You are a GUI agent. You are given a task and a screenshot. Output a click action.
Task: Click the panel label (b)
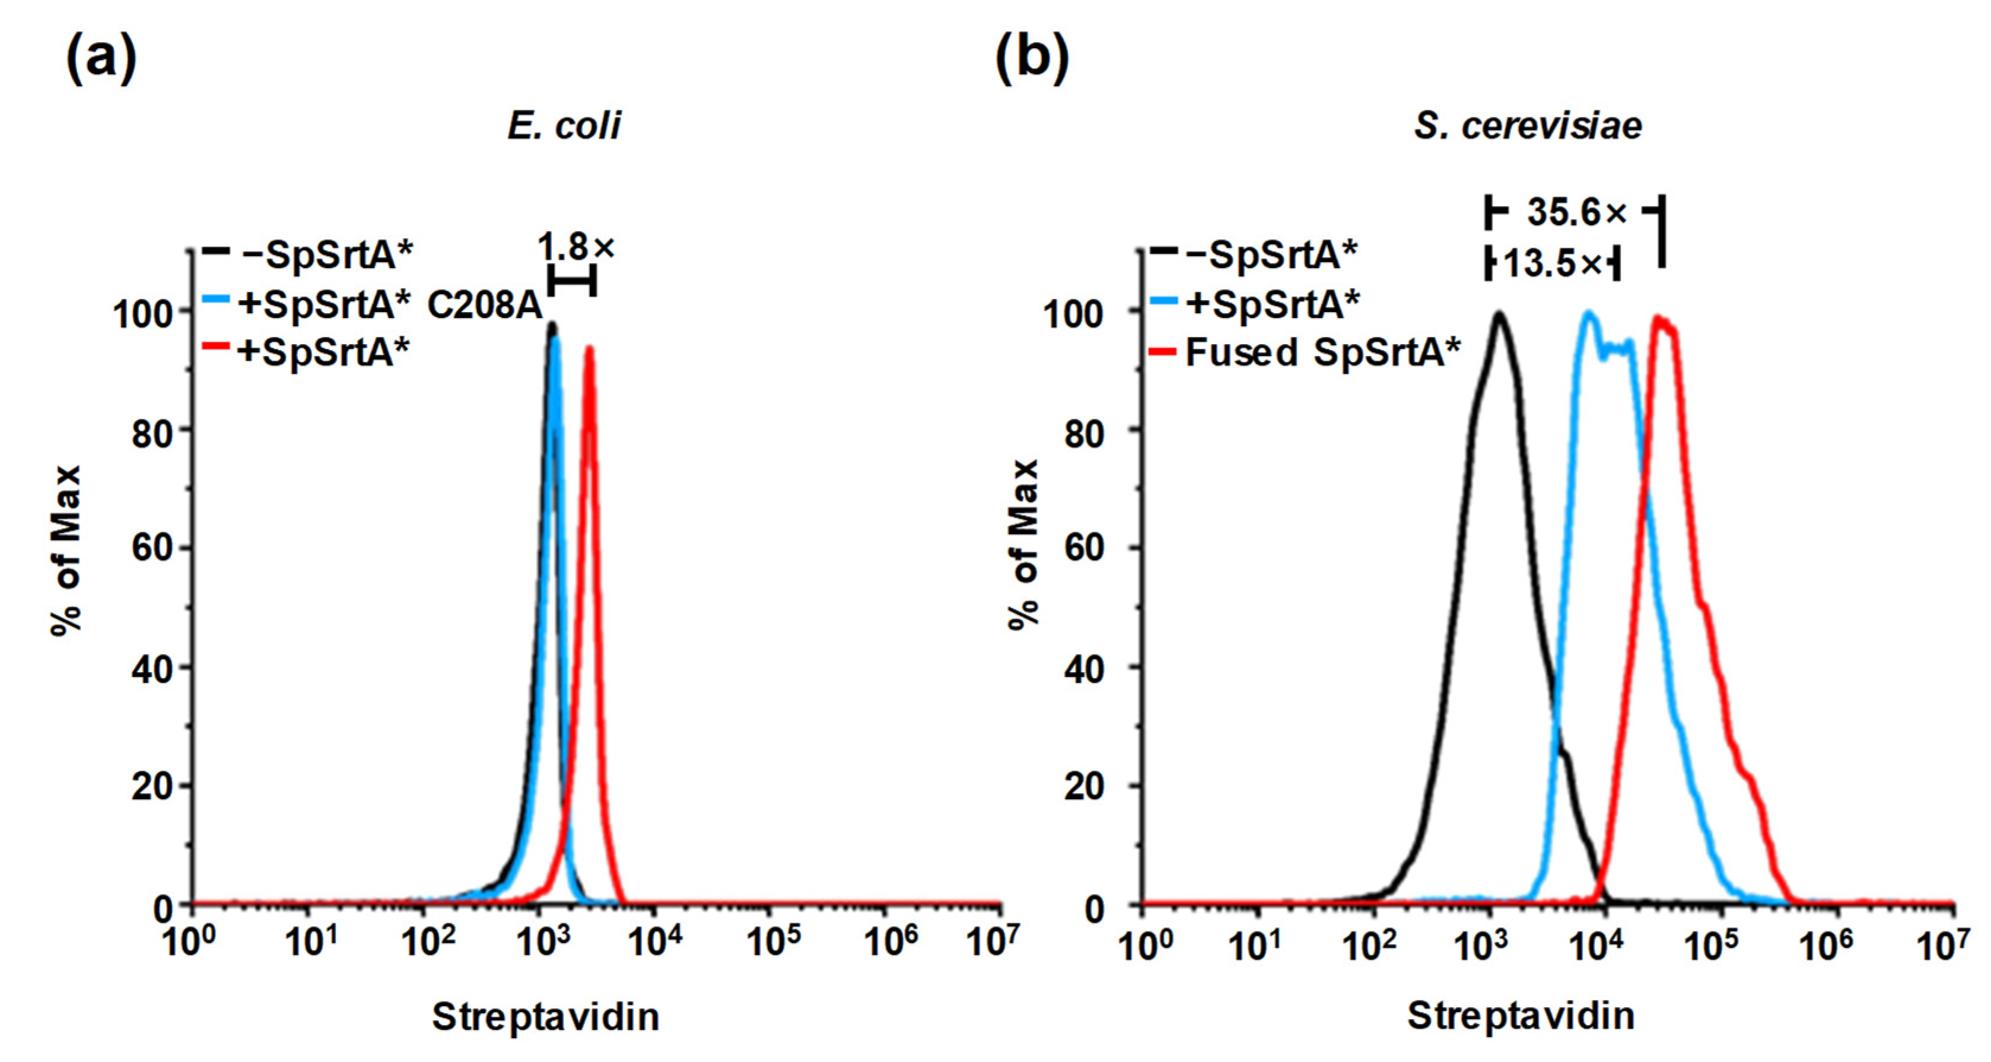click(x=1032, y=59)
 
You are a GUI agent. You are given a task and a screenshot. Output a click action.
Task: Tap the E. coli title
click(x=564, y=126)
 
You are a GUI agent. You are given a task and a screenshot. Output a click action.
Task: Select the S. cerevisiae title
click(x=1527, y=126)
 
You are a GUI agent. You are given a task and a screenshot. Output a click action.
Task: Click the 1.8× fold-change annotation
click(x=576, y=248)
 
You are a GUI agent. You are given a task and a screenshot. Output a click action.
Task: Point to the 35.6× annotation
click(x=1577, y=212)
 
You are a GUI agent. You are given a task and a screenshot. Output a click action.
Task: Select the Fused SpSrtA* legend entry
click(x=1322, y=352)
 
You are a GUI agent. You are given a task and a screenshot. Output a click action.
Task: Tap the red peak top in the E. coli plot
click(x=589, y=348)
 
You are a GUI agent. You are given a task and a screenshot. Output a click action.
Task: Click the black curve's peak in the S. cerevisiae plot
click(x=1499, y=314)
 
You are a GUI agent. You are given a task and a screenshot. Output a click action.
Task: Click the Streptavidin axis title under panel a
click(x=545, y=1016)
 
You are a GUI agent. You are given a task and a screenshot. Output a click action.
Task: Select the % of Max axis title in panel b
click(x=1024, y=545)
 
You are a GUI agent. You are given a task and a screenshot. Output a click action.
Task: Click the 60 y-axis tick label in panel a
click(x=151, y=549)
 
